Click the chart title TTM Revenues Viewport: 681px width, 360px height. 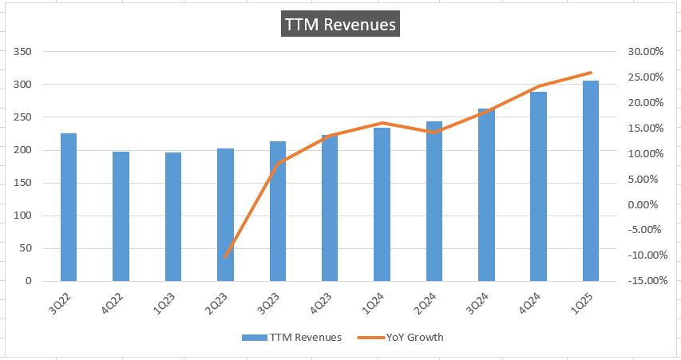coord(340,25)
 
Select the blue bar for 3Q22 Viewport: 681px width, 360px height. coord(69,208)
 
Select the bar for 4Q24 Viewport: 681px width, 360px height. coord(538,187)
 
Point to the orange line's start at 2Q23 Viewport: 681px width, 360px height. coord(226,257)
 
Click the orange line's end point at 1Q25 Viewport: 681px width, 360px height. coord(591,73)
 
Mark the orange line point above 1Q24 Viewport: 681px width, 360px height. coord(382,123)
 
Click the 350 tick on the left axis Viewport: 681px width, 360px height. coord(22,52)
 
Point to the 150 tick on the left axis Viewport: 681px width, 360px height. coord(22,183)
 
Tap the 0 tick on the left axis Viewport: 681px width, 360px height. coord(26,281)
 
